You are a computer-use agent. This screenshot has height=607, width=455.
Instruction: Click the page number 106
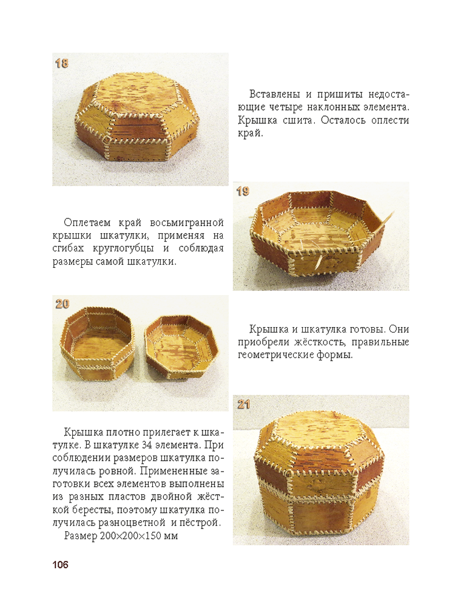(60, 565)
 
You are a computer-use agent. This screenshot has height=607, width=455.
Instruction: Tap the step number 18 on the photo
(61, 63)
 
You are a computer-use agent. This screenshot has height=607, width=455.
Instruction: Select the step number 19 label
(243, 191)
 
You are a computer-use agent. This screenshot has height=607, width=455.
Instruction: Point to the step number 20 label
(62, 304)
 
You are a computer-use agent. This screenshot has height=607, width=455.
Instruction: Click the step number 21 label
(244, 404)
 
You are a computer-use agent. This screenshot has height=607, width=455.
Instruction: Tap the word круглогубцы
(124, 248)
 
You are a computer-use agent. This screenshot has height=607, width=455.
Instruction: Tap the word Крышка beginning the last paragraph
(82, 432)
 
